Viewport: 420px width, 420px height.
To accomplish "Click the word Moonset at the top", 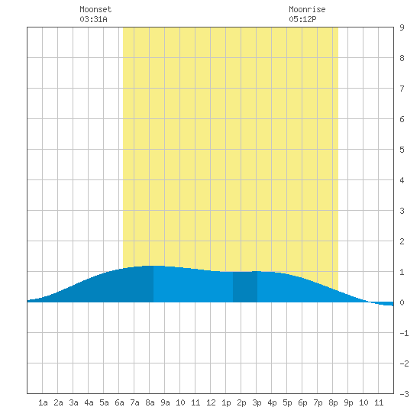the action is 95,10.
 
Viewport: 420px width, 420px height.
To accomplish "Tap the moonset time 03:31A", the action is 93,19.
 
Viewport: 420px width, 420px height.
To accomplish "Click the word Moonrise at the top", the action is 307,10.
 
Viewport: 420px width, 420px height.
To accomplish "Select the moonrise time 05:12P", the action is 302,19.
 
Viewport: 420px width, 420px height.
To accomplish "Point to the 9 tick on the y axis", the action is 402,27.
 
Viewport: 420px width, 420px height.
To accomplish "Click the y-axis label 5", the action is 402,150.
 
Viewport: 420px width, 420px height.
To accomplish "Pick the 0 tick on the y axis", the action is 402,302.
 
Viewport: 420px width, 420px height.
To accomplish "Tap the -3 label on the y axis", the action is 404,394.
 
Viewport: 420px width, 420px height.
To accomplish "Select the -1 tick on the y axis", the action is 404,333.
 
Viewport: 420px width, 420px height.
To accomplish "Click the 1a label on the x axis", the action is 43,402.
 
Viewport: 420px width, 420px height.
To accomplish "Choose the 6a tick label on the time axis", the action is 119,402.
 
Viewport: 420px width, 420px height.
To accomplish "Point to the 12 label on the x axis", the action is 211,402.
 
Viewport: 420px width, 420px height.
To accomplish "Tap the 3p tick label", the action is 257,403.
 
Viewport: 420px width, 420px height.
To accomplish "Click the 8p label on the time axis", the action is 333,403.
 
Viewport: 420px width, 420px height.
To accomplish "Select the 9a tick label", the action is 165,402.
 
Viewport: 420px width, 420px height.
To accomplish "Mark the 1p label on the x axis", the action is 226,403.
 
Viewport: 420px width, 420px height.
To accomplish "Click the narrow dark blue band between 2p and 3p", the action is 245,287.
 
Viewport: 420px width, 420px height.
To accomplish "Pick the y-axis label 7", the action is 402,89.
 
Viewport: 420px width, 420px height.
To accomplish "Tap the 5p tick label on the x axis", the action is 287,403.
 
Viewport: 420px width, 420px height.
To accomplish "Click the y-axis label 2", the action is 402,241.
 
